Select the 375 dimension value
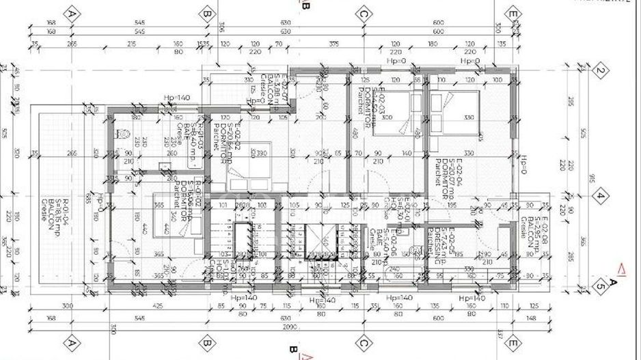333,44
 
